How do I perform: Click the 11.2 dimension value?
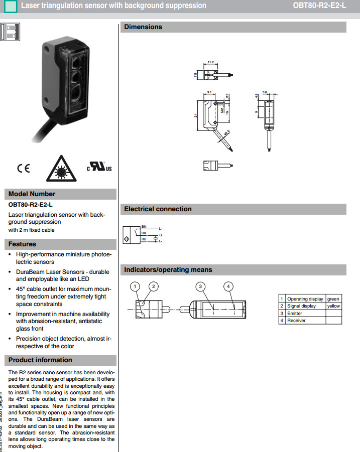pos(211,63)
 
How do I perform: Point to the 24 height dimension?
pos(196,115)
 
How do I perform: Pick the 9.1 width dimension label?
pos(209,92)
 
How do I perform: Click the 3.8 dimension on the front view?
pos(265,92)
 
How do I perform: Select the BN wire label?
pos(144,226)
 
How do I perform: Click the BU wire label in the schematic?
pos(144,239)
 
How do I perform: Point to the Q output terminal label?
pos(161,235)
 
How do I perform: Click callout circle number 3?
pos(200,286)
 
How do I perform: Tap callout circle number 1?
pos(135,286)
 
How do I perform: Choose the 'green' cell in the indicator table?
pos(333,299)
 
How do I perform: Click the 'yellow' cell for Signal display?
pos(333,306)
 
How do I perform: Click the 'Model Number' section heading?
pos(32,194)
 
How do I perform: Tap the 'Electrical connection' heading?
pos(158,209)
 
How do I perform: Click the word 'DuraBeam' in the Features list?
pos(29,271)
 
